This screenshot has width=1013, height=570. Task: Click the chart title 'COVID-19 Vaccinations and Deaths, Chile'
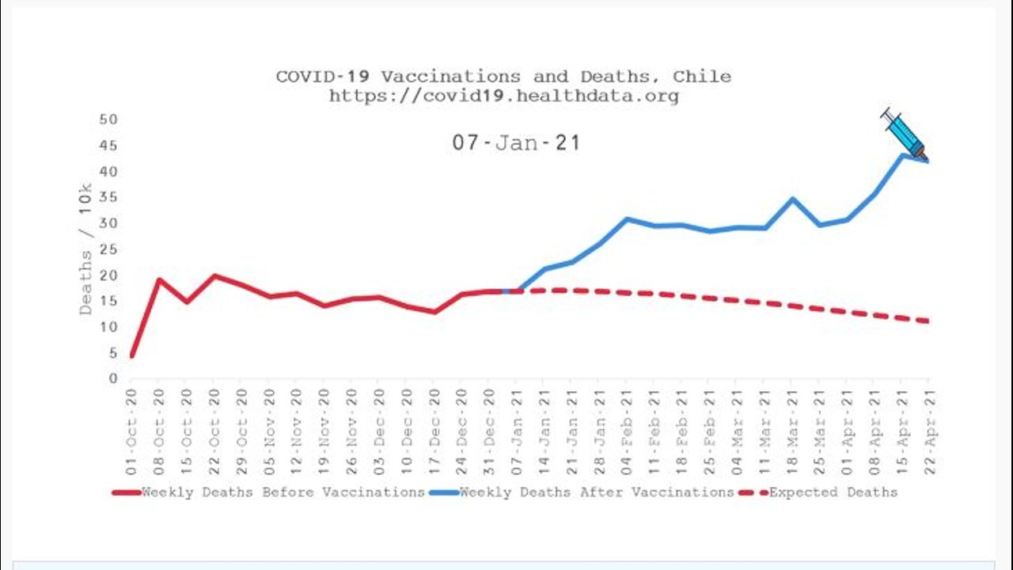503,77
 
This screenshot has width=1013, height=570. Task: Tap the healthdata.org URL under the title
503,97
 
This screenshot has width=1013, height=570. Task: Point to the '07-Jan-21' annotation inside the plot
516,143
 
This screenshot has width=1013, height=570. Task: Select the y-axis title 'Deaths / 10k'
85,249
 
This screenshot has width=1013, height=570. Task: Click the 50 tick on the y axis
108,120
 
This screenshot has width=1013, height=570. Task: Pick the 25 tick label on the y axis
108,249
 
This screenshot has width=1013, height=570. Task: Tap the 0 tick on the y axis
112,379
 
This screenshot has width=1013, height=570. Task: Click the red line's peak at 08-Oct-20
158,279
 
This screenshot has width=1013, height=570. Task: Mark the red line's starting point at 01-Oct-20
131,356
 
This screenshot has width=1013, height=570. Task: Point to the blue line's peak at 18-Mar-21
791,199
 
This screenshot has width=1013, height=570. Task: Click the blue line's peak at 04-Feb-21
626,219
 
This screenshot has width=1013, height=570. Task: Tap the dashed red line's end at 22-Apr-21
928,321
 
